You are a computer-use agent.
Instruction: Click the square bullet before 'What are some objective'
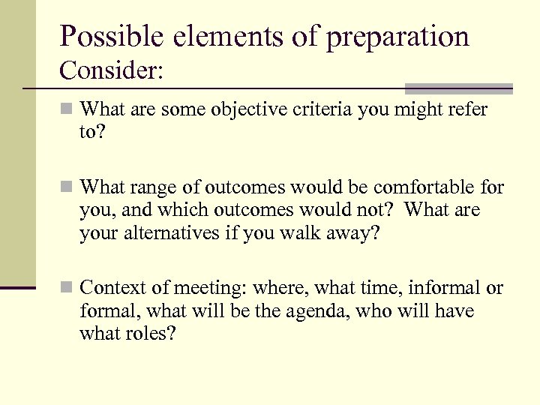click(x=67, y=109)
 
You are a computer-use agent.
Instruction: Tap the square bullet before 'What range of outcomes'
click(x=67, y=186)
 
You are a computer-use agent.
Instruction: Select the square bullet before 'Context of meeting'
click(x=67, y=288)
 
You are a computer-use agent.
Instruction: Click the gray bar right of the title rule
click(x=458, y=88)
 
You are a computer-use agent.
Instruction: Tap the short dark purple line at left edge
click(x=17, y=287)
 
